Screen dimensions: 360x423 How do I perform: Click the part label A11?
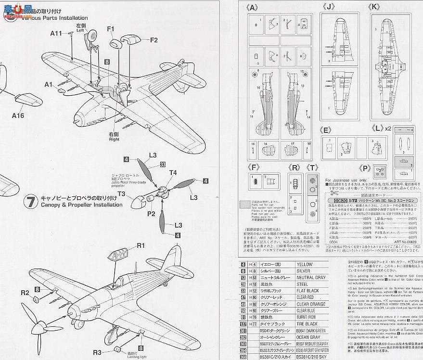[56, 33]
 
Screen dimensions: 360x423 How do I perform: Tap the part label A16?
[18, 116]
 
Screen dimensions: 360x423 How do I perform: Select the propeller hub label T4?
[173, 173]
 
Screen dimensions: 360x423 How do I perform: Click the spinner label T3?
[121, 194]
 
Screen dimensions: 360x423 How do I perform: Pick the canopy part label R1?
[141, 245]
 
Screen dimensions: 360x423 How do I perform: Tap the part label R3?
[97, 353]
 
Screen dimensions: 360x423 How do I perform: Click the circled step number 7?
[31, 201]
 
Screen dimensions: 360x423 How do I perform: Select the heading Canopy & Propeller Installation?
[75, 205]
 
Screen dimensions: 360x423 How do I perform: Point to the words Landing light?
[124, 357]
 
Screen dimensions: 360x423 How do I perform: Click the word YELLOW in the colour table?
[305, 264]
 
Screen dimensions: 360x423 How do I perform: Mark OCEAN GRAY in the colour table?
[308, 337]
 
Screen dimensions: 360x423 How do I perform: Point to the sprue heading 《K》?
[374, 7]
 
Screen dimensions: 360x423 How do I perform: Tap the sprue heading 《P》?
[365, 168]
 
